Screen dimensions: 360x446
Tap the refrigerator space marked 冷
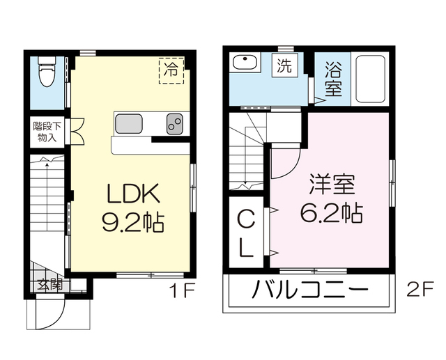[171, 69]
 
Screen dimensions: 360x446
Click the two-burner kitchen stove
[174, 124]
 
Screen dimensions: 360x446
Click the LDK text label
[134, 194]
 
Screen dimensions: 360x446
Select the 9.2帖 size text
[134, 223]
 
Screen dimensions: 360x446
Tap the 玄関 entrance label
[49, 284]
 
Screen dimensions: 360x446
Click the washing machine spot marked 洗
[285, 68]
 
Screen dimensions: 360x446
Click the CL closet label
[247, 235]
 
